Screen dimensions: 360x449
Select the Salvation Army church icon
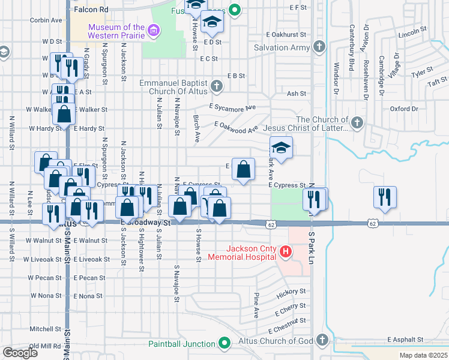(319, 47)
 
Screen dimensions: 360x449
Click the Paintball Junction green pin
(224, 344)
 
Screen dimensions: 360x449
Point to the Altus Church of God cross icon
(322, 341)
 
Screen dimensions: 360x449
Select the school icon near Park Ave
(281, 148)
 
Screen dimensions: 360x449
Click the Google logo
(20, 353)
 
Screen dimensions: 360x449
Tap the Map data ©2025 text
(423, 356)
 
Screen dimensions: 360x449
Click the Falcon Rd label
(91, 10)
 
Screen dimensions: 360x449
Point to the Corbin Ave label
(46, 20)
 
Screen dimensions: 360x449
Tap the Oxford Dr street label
(403, 109)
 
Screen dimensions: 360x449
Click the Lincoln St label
(416, 30)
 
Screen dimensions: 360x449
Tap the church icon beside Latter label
(357, 124)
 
